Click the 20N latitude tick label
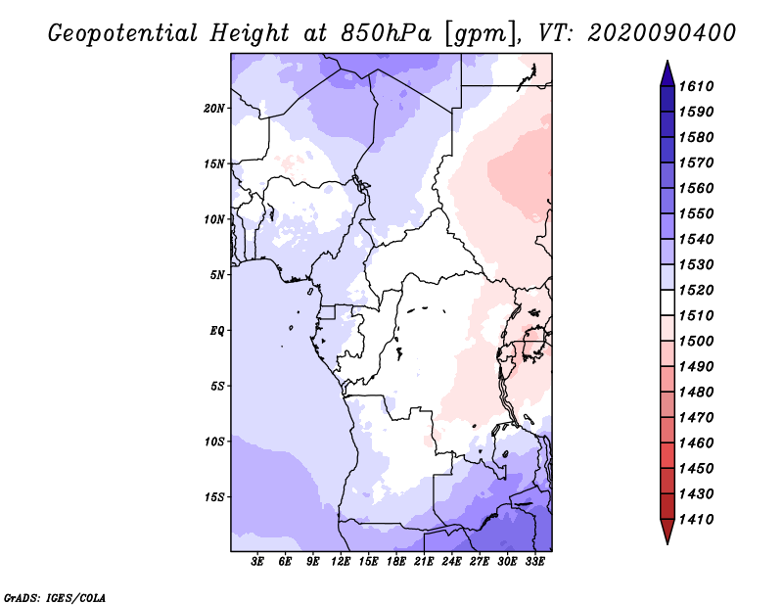[x=214, y=108]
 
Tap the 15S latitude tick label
[x=214, y=496]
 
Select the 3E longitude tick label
[x=258, y=561]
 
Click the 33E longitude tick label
[x=534, y=561]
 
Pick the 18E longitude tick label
[x=396, y=561]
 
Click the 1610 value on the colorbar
[x=700, y=86]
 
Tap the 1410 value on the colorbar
[x=700, y=519]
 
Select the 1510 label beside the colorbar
[x=700, y=315]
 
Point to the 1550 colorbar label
[x=700, y=213]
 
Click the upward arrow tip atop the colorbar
[x=667, y=64]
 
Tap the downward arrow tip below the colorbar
[x=667, y=540]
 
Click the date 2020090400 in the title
[x=662, y=32]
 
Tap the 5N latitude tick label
[x=217, y=274]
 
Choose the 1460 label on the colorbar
[x=700, y=442]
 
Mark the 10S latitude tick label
[x=214, y=441]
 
